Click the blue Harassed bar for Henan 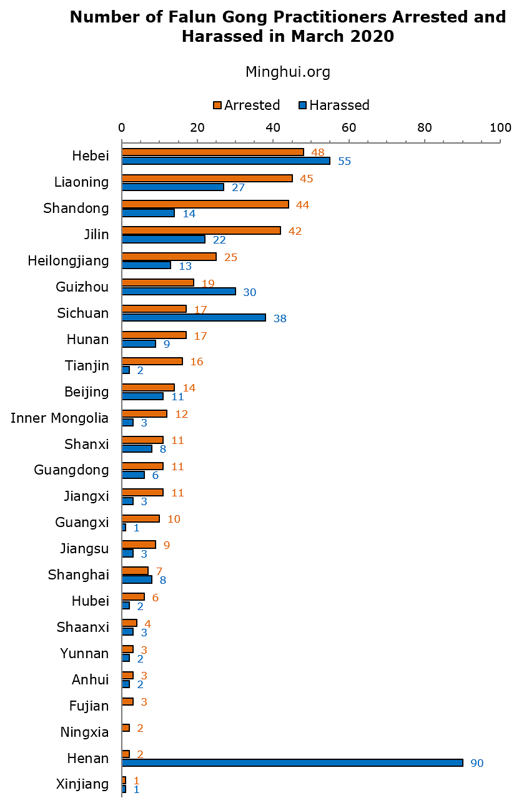click(292, 762)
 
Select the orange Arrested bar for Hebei click(213, 152)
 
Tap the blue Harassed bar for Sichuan click(194, 317)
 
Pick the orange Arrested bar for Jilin click(201, 230)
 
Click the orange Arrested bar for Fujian click(127, 701)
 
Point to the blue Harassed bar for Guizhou click(179, 291)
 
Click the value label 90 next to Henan click(477, 763)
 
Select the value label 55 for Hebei click(345, 161)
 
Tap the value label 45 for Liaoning click(306, 179)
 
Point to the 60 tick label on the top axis click(349, 127)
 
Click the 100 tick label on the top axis click(500, 127)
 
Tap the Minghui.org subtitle click(288, 72)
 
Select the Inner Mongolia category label click(60, 418)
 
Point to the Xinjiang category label click(82, 784)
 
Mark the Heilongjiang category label click(68, 260)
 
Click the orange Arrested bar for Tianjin click(152, 361)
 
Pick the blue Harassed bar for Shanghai click(137, 579)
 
